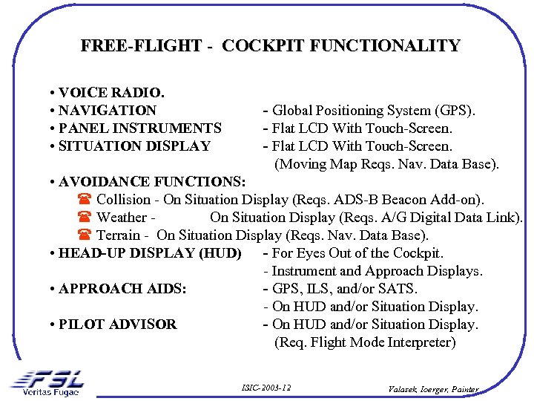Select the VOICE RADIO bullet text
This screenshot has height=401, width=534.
pyautogui.click(x=108, y=93)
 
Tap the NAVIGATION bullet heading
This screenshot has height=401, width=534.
pyautogui.click(x=103, y=111)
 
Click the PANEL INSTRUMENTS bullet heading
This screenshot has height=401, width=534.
pyautogui.click(x=135, y=128)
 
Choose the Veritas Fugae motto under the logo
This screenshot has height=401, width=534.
pyautogui.click(x=50, y=392)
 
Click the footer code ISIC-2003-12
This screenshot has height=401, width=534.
pyautogui.click(x=266, y=388)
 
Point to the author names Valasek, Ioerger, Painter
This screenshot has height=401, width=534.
pyautogui.click(x=435, y=388)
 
